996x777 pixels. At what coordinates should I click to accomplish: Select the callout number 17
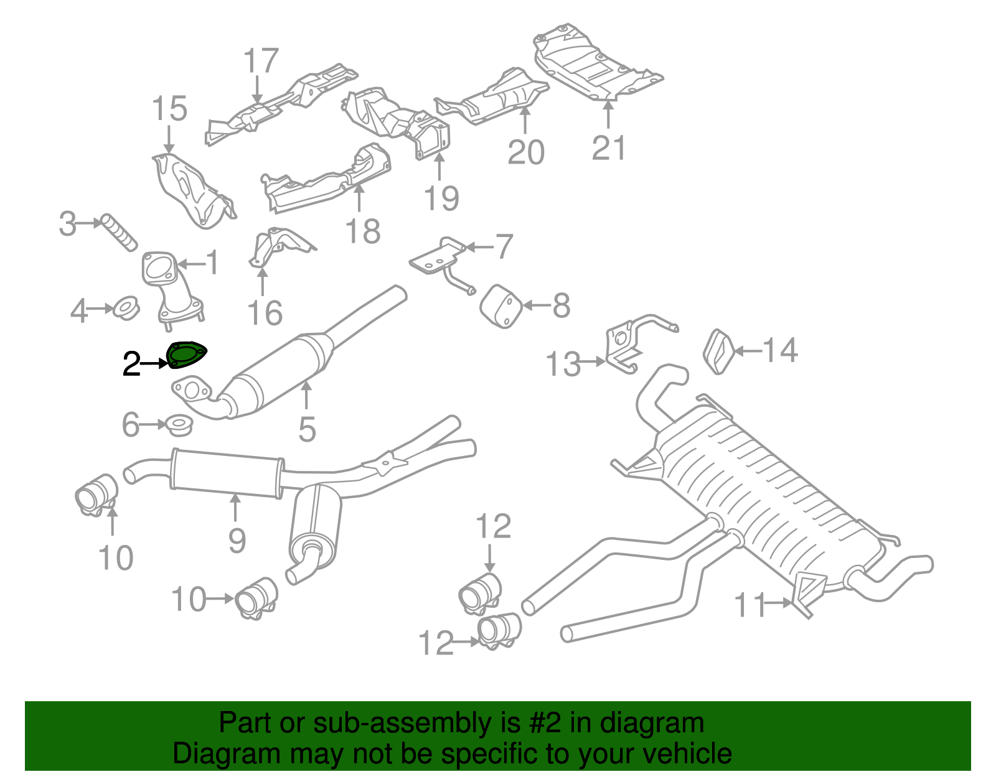click(x=260, y=61)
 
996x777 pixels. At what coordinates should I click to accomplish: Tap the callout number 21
click(x=608, y=147)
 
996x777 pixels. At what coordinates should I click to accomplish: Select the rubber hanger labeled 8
click(x=500, y=306)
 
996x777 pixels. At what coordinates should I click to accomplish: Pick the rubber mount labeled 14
click(x=718, y=353)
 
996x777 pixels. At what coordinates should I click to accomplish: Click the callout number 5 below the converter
click(x=307, y=429)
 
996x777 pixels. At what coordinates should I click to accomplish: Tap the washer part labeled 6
click(x=179, y=426)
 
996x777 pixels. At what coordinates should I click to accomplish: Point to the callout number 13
click(x=563, y=364)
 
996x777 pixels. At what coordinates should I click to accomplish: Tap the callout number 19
click(x=441, y=198)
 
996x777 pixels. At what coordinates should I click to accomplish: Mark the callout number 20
click(x=526, y=152)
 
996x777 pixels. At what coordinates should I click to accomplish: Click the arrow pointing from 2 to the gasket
click(x=154, y=363)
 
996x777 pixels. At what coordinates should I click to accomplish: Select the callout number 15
click(x=169, y=109)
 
